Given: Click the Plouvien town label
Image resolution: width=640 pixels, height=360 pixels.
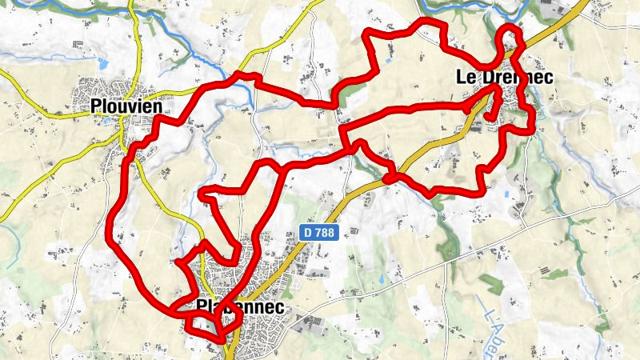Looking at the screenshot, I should pyautogui.click(x=126, y=106).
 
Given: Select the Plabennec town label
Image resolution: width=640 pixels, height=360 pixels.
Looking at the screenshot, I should pyautogui.click(x=240, y=306).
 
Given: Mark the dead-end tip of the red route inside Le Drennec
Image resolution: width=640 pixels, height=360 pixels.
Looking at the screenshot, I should pyautogui.click(x=488, y=118).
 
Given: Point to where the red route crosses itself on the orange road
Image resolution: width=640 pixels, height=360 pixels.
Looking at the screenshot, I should pyautogui.click(x=390, y=178).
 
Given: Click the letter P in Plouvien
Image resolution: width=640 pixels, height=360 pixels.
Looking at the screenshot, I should pyautogui.click(x=96, y=106).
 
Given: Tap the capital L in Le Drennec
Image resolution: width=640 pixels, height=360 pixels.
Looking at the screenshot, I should pyautogui.click(x=462, y=78).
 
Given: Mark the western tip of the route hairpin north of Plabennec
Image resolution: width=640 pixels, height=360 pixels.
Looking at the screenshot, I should pyautogui.click(x=202, y=192).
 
